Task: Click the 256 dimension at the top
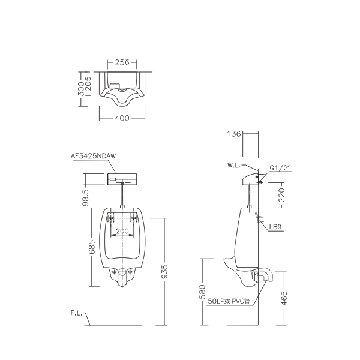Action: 122,62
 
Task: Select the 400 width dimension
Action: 122,118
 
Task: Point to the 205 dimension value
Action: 88,83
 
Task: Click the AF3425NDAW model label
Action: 94,156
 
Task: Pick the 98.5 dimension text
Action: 86,197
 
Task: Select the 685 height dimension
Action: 92,247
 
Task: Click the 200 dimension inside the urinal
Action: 122,231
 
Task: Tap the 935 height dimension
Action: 164,272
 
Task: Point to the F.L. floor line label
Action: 76,313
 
